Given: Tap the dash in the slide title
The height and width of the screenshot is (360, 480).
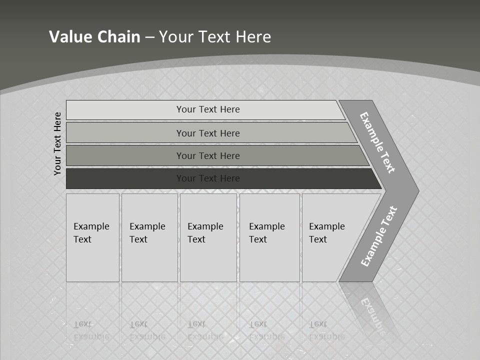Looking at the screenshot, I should [x=149, y=37].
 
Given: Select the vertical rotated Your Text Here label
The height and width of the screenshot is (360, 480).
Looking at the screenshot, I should [x=57, y=143].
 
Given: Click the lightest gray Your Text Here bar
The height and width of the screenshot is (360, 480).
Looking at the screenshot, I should [x=208, y=109].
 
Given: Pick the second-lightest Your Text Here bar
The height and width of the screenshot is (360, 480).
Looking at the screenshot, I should [x=208, y=133].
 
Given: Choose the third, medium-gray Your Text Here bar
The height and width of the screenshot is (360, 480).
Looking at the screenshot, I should [x=208, y=155].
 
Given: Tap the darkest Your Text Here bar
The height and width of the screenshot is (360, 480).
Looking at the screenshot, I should [x=208, y=178].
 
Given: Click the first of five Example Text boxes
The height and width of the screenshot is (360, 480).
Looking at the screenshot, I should [x=92, y=237].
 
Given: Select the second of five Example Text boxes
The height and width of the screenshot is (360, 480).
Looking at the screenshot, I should [x=149, y=237].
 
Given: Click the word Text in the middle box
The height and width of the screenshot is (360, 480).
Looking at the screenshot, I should [x=196, y=239].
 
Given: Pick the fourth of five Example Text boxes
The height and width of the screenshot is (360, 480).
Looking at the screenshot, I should [x=269, y=237].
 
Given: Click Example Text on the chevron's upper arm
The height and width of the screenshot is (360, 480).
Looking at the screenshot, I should [x=377, y=142].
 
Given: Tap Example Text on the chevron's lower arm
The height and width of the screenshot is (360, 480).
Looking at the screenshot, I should [x=379, y=236].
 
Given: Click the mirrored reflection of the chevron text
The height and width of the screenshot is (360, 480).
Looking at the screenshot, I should [x=372, y=314].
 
